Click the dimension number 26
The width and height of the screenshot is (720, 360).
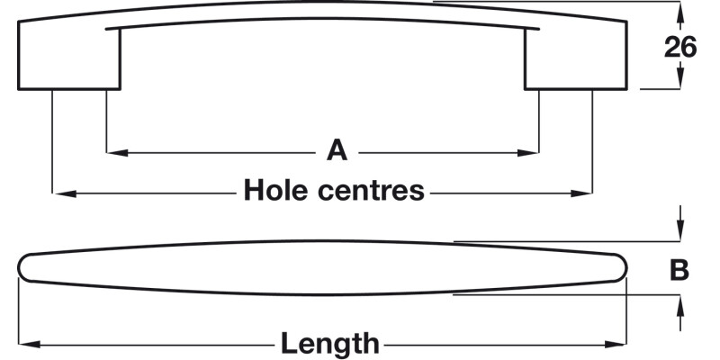pyautogui.click(x=680, y=47)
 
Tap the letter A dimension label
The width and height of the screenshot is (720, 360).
pyautogui.click(x=337, y=150)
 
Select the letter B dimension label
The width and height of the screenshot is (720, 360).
pyautogui.click(x=680, y=270)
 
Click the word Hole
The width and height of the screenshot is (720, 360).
pyautogui.click(x=275, y=191)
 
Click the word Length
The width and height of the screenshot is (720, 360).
pyautogui.click(x=329, y=343)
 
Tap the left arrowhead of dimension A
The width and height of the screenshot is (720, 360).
pyautogui.click(x=113, y=152)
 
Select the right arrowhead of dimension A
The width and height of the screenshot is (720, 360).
pyautogui.click(x=532, y=152)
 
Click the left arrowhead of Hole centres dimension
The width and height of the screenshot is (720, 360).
pyautogui.click(x=60, y=193)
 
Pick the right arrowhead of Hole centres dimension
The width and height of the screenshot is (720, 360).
pyautogui.click(x=586, y=193)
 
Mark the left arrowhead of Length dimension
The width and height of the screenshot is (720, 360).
pyautogui.click(x=26, y=344)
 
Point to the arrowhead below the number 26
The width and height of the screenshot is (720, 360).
pyautogui.click(x=680, y=82)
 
